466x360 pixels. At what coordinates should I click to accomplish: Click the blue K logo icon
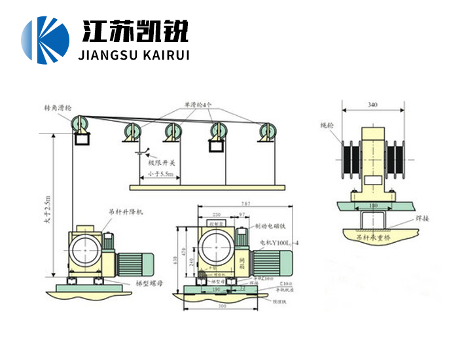[45, 40]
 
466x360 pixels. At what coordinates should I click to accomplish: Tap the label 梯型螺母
[149, 284]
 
